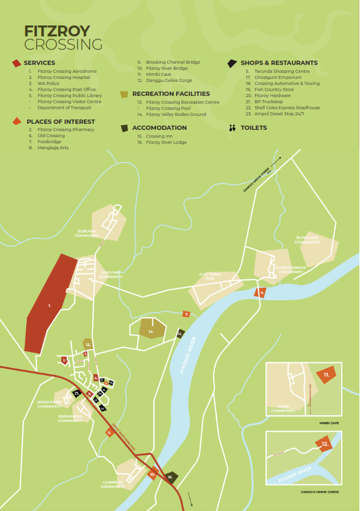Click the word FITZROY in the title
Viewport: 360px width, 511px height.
pos(56,31)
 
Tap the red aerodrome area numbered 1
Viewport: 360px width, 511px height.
pos(50,305)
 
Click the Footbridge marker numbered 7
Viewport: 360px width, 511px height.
pos(186,314)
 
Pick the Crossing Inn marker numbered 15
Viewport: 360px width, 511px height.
pos(180,333)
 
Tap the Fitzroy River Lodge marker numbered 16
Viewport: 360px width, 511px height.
pos(171,477)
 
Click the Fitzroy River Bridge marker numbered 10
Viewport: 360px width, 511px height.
pos(154,474)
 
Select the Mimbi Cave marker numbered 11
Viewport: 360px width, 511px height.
pos(326,375)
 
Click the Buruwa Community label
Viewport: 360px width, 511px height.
pos(86,232)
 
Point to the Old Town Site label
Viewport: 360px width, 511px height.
pos(210,276)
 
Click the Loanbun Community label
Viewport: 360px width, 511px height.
pos(113,484)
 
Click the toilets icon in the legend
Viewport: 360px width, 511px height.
pos(231,128)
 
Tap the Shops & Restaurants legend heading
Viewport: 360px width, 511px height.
pos(279,63)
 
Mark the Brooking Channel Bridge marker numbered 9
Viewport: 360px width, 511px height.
pos(109,432)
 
